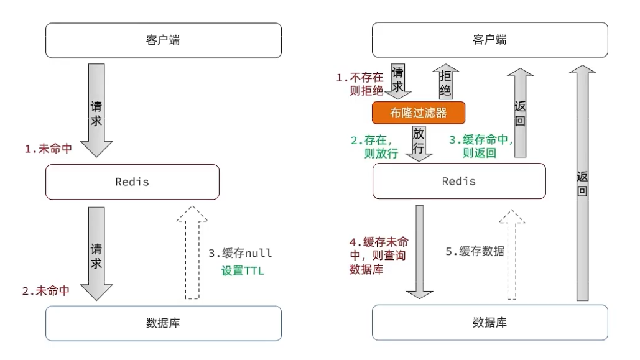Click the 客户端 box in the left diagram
coord(164,40)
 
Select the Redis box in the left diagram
coord(132,182)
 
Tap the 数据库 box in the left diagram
coord(164,323)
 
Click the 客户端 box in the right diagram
coord(489,40)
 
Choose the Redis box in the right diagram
coord(458,181)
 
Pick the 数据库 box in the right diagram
coord(489,322)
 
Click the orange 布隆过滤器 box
coord(419,113)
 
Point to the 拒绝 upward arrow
coord(445,81)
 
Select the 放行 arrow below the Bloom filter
coord(419,143)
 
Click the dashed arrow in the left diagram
coord(193,252)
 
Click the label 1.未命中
coord(48,149)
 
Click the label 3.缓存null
coord(240,254)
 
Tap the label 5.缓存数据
coord(475,251)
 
